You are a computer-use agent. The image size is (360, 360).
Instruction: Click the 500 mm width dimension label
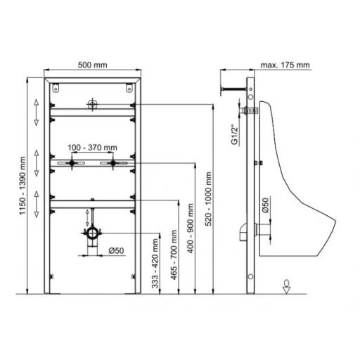tap(92, 65)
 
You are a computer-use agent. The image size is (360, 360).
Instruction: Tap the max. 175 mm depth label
tap(285, 65)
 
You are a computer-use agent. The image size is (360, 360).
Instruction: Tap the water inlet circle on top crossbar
tap(92, 105)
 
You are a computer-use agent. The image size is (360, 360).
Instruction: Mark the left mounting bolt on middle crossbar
tap(72, 163)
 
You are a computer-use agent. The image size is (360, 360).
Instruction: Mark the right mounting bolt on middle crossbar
tap(111, 163)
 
